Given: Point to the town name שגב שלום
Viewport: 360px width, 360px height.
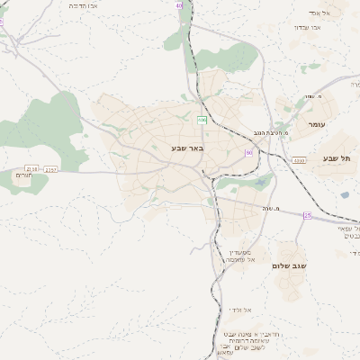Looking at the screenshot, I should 289,266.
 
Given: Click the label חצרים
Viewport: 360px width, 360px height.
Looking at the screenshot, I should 23,175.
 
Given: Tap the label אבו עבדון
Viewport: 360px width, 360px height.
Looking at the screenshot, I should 308,27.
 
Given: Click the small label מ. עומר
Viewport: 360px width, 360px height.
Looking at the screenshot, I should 312,96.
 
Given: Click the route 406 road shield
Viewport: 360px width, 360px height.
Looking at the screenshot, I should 202,120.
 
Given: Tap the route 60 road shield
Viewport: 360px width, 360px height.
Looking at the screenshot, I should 247,153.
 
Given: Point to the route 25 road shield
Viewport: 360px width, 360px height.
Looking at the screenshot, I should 307,215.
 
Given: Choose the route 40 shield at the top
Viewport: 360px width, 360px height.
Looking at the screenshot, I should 179,6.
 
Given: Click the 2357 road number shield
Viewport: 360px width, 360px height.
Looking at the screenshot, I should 50,168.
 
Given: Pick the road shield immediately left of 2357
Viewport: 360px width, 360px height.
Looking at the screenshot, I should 32,168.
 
